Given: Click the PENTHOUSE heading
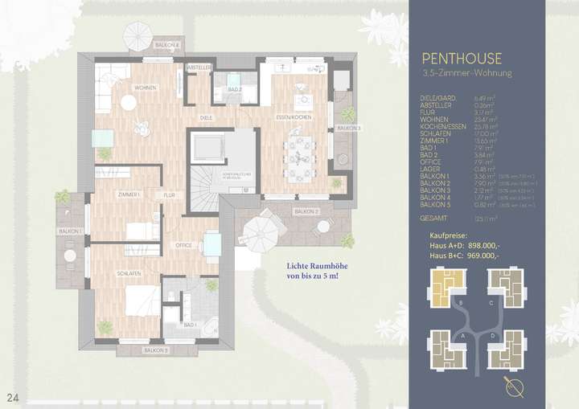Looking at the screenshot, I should [462, 58].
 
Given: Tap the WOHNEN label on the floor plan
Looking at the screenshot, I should [145, 88].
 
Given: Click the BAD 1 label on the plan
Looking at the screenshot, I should [191, 325].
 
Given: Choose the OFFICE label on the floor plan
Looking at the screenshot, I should [184, 244].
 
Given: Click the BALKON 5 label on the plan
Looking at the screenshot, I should [156, 351].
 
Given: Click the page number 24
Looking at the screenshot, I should [12, 397].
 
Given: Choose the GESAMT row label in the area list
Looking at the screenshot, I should [433, 217].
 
